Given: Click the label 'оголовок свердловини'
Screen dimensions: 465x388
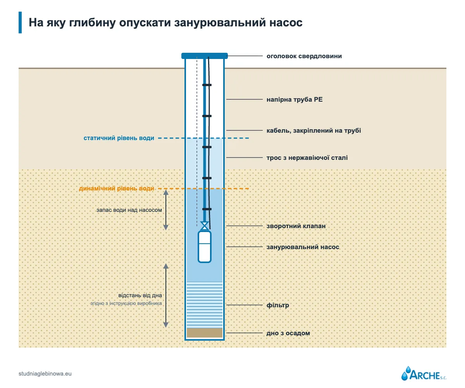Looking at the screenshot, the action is (304, 56).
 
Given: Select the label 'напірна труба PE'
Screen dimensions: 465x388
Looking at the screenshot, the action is (294, 99).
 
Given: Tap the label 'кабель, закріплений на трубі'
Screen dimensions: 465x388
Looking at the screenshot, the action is (313, 130).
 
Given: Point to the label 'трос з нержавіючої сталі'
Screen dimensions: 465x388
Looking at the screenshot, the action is (307, 158).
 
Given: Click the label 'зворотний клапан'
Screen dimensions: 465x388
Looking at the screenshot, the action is (296, 226).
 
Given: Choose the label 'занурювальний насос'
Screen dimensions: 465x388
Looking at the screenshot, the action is (303, 247).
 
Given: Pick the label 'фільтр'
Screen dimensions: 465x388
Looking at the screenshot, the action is (278, 305).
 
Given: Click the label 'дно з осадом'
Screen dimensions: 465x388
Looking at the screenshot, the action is (288, 333).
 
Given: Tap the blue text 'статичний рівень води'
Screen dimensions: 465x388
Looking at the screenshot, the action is (119, 138).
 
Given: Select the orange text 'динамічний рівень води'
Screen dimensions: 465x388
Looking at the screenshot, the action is (117, 189).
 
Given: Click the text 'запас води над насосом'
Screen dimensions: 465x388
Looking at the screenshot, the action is (129, 210).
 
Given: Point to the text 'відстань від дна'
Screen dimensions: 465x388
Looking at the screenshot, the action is (140, 295).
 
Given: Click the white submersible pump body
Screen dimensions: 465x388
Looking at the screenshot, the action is (205, 247).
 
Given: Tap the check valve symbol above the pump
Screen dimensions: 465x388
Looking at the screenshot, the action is (205, 226).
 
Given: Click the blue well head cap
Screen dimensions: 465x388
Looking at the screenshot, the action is (205, 56).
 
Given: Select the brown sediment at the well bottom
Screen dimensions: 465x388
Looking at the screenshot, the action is (205, 333).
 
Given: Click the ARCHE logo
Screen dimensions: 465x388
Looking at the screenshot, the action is (424, 374).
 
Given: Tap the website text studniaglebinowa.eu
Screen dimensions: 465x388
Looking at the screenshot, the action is (45, 374).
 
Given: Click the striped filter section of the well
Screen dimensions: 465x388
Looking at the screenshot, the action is (205, 305).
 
